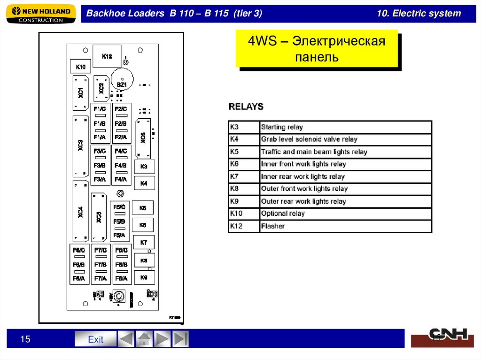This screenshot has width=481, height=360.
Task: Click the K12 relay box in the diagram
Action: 107,56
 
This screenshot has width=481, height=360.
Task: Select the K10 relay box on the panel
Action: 80,67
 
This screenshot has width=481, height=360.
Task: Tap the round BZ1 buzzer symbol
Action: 122,84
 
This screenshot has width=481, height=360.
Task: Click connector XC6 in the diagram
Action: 143,138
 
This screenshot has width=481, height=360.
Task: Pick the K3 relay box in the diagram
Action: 144,167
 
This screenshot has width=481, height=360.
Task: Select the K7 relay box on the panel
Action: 144,243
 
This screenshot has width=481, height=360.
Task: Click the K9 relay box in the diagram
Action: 144,277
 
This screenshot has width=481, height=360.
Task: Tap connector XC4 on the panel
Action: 80,212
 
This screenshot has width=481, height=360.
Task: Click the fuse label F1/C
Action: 100,109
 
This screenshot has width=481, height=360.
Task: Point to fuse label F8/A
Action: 121,278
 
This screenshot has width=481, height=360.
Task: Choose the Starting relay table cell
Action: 345,127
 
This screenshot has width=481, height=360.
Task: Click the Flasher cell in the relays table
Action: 345,226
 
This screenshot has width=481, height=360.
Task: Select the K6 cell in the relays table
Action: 244,164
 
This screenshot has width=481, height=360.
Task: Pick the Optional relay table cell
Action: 345,214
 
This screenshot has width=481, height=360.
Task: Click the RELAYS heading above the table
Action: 246,107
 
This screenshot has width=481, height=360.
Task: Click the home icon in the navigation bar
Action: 144,339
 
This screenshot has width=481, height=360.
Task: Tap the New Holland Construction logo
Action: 41,14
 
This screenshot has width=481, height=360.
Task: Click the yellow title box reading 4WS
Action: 317,49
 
